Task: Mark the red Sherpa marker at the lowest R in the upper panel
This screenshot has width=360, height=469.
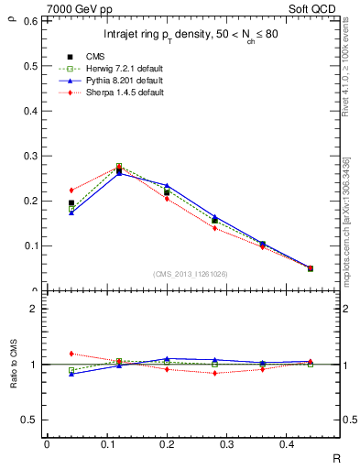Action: tap(71, 191)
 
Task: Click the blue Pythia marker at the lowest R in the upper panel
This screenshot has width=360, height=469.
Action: tap(71, 213)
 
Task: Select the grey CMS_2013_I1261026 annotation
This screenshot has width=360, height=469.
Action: tap(191, 274)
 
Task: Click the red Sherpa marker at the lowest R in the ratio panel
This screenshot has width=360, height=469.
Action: tap(71, 353)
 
